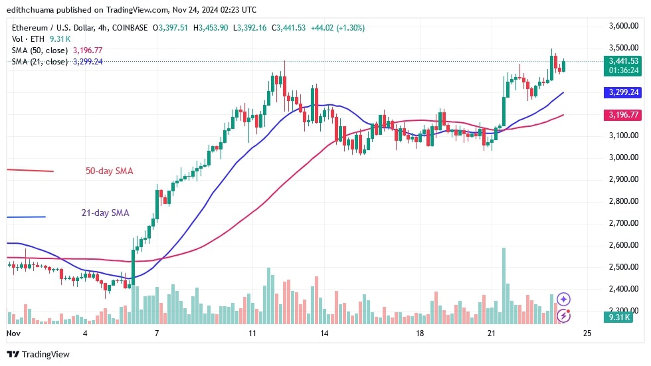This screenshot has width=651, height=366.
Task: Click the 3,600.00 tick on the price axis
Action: (x=623, y=26)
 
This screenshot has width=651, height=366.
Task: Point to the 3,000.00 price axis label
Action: (x=623, y=157)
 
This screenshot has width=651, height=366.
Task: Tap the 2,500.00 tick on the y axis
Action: (x=623, y=267)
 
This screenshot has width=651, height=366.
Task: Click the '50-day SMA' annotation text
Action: (x=109, y=171)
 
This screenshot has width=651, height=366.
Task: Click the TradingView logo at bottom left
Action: (x=38, y=354)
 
